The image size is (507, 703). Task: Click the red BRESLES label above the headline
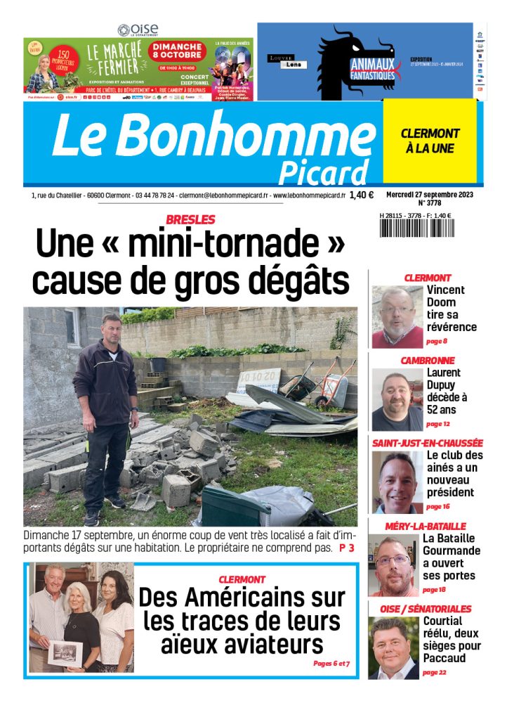(190, 219)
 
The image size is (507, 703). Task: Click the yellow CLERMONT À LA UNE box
(430, 141)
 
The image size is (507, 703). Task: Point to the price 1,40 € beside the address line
(361, 195)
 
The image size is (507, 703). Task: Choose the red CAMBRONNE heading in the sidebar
(427, 361)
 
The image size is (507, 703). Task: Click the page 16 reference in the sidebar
(436, 506)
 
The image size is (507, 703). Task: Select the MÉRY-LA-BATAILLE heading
(426, 526)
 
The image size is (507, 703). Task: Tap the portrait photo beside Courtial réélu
(393, 648)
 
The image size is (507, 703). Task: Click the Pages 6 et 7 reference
(331, 663)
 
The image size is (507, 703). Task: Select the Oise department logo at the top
(138, 30)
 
